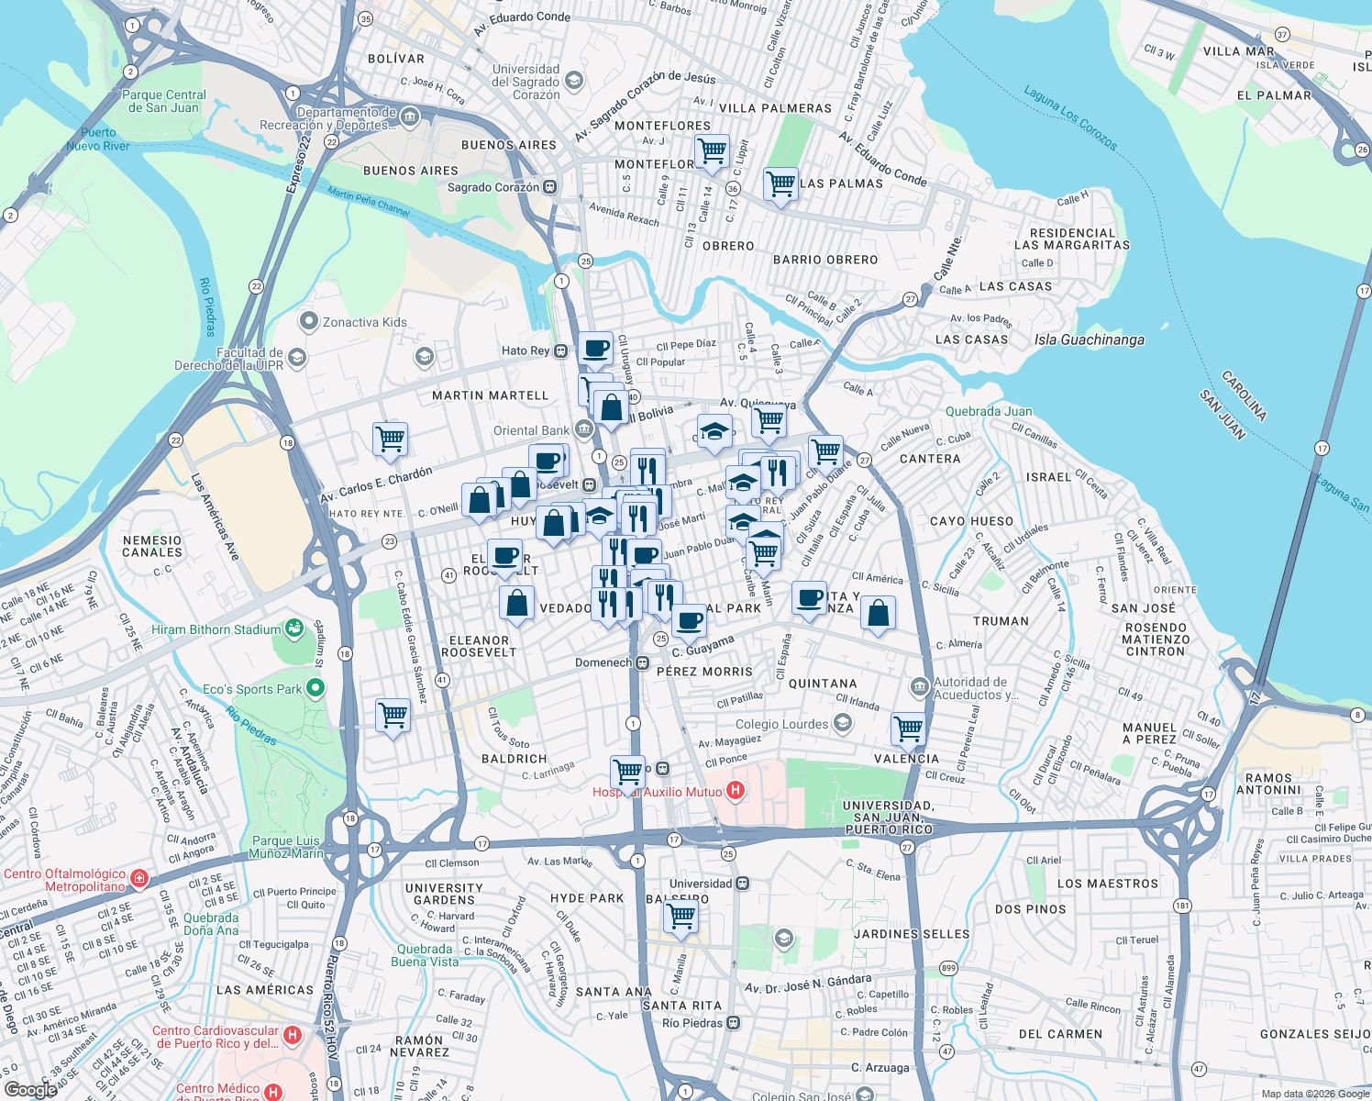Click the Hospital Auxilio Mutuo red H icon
coord(735,790)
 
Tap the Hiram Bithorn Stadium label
coord(216,630)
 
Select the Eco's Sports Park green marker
coord(315,687)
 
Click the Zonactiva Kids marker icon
coord(308,322)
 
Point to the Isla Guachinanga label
coord(1089,340)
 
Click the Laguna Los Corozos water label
coord(1070,118)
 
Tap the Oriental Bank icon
coord(584,429)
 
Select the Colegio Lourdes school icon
coord(843,723)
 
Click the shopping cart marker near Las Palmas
coord(780,183)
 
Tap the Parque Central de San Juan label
coord(164,101)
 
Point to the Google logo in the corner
coord(30,1089)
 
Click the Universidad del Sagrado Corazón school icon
coord(574,81)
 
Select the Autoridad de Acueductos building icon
coord(919,686)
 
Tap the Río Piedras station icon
coord(734,1023)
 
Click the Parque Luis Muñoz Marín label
coord(287,847)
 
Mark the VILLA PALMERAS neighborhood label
coord(775,108)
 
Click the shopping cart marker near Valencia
coord(908,728)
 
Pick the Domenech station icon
coord(643,662)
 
